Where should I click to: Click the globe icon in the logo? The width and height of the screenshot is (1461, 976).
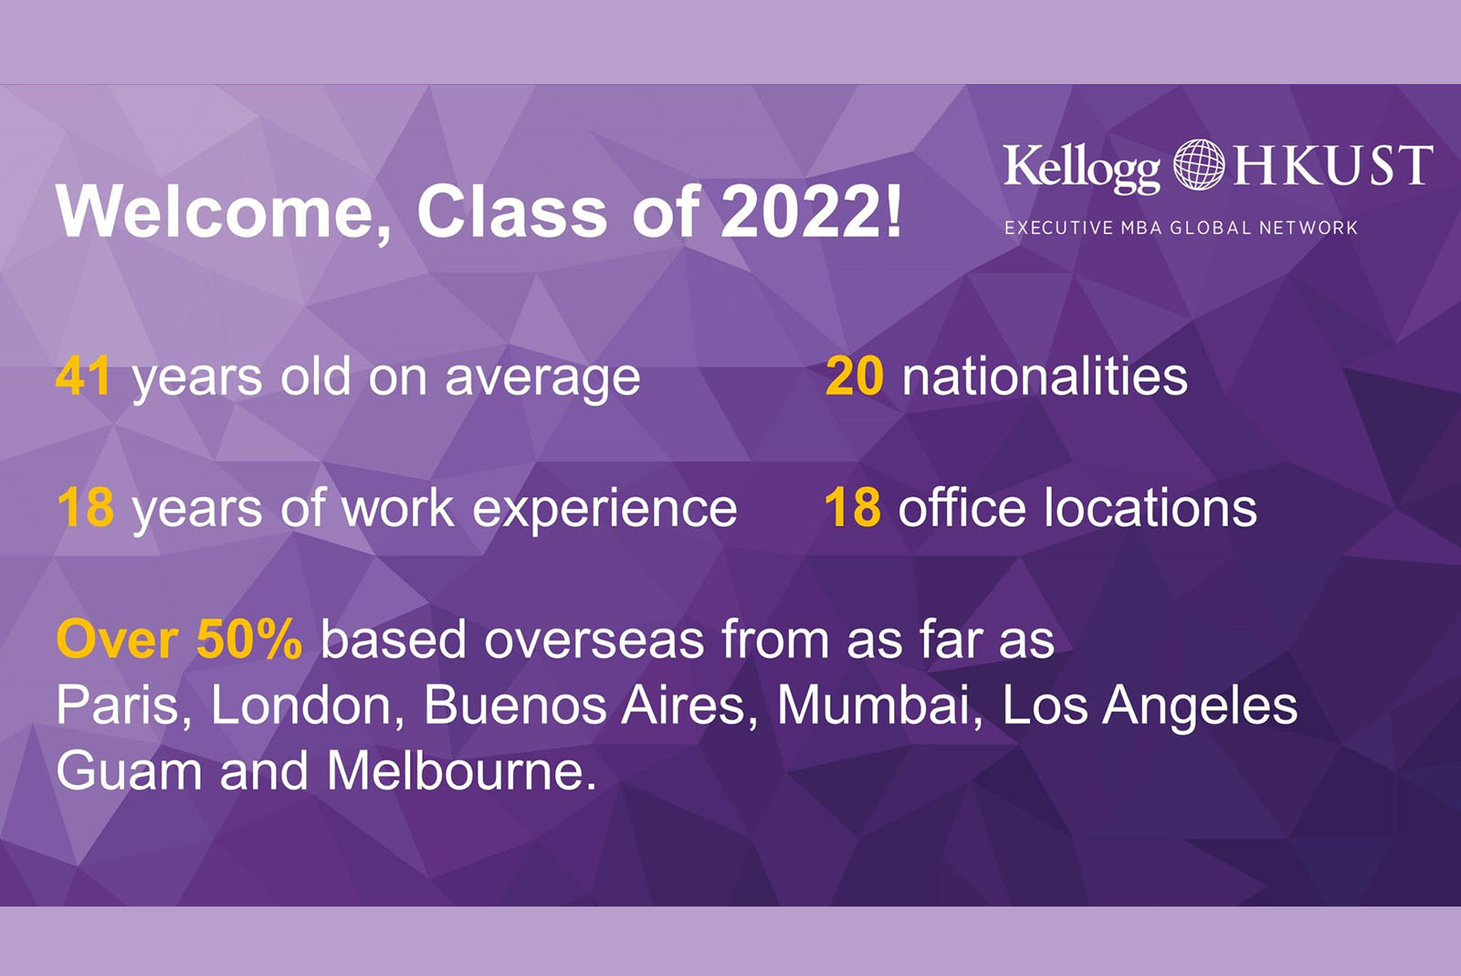[x=1199, y=164]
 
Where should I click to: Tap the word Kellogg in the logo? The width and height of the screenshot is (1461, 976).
[x=1082, y=168]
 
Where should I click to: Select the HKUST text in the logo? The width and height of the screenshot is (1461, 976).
[x=1332, y=165]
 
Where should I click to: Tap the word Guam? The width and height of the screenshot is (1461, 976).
[x=129, y=770]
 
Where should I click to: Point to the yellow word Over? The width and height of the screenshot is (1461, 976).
[x=118, y=639]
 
